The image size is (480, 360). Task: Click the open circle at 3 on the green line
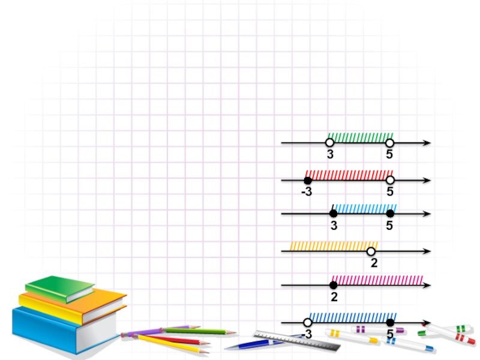[x=329, y=143]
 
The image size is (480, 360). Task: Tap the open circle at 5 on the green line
[x=389, y=143]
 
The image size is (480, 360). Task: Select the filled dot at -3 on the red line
[x=308, y=181]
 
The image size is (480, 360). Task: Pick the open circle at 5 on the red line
[x=390, y=180]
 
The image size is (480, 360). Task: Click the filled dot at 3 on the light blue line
[x=334, y=214]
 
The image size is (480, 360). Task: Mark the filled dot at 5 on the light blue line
[x=390, y=214]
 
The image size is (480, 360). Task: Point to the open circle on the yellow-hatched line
[x=371, y=251]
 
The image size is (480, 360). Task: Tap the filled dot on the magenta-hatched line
[x=334, y=285]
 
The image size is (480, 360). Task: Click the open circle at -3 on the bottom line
[x=308, y=322]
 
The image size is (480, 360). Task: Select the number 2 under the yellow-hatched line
[x=374, y=263]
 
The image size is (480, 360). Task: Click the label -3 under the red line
[x=307, y=193]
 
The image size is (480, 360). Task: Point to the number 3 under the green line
[x=330, y=155]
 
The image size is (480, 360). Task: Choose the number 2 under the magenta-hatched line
[x=334, y=297]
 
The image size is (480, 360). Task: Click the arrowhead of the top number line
[x=427, y=143]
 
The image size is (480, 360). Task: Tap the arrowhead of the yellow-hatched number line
[x=427, y=251]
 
